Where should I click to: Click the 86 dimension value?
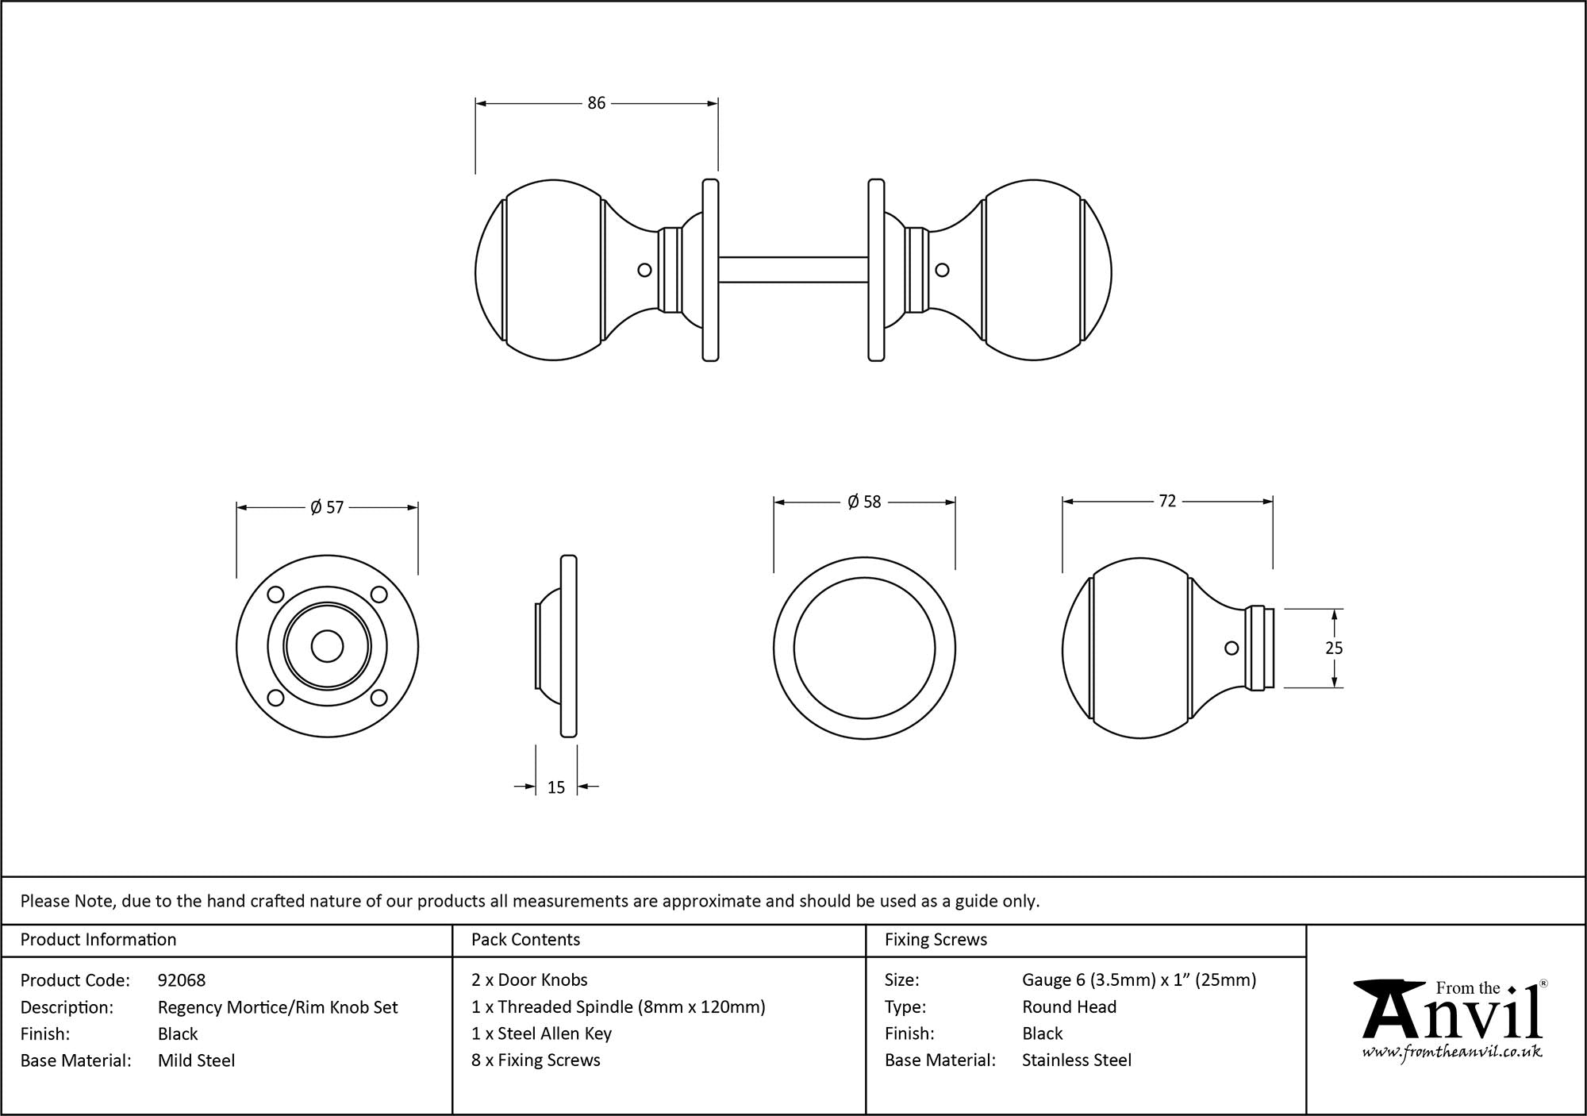coord(596,103)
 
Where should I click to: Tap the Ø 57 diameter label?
coord(327,507)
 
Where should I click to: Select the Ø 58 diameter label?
coord(864,502)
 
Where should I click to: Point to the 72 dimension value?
coord(1167,501)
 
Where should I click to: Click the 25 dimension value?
coord(1334,648)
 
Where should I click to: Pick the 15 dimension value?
coord(556,787)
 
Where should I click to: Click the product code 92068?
coord(182,980)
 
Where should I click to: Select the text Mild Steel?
coord(196,1060)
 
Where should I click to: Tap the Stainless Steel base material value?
coord(1077,1060)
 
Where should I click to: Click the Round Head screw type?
coord(1069,1006)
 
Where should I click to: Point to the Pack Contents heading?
coord(525,940)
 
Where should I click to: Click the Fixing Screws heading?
coord(936,940)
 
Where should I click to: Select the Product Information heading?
coord(98,940)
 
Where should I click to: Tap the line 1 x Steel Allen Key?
coord(541,1033)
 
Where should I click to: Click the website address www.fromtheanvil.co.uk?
coord(1452,1052)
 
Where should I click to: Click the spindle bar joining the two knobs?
coord(793,269)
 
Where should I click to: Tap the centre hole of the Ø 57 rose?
coord(327,646)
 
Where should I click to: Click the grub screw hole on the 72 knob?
coord(1232,648)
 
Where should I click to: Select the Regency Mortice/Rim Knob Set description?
coord(278,1007)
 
